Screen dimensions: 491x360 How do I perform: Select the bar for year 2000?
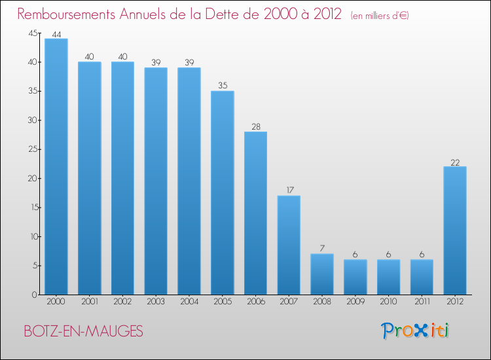56,166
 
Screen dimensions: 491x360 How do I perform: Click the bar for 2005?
223,193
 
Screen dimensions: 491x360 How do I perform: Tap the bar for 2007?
289,245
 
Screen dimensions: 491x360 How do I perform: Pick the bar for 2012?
455,230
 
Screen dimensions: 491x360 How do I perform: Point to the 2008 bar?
322,274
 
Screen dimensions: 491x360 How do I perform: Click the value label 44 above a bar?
56,35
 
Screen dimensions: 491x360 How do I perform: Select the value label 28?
256,126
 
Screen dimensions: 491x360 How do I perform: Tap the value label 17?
290,190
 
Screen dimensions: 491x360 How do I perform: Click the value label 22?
455,162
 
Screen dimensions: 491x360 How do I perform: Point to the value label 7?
322,248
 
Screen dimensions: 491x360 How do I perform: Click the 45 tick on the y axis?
33,33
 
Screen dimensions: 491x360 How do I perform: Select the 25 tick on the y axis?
33,149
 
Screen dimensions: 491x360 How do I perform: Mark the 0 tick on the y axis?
35,295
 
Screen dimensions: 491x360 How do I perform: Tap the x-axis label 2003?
156,302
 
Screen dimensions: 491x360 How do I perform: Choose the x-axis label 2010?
389,302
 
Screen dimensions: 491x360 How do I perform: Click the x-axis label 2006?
256,302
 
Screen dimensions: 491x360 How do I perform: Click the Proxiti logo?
415,331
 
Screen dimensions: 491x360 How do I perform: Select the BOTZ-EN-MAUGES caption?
83,331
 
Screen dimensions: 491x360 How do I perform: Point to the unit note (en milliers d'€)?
380,16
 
